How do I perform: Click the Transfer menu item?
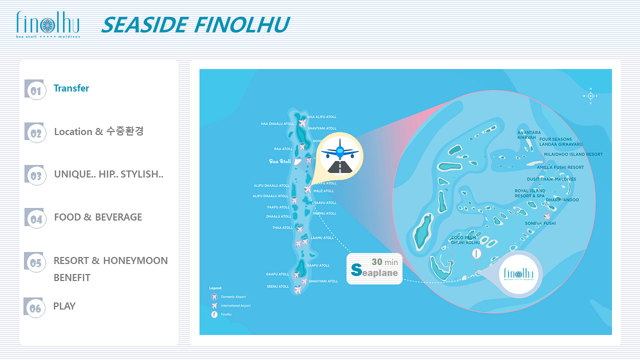(71, 88)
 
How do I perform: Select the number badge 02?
(35, 133)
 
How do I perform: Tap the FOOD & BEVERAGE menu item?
(98, 217)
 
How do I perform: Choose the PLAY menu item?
(64, 306)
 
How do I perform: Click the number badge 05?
(35, 262)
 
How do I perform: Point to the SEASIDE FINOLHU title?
(195, 24)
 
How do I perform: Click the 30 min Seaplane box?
(374, 268)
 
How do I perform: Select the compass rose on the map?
(590, 95)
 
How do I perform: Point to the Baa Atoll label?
(279, 161)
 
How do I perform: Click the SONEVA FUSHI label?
(540, 223)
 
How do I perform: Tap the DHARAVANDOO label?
(562, 200)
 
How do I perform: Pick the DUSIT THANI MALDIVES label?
(551, 179)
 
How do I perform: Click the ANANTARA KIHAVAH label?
(528, 135)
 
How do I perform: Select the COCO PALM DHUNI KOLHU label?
(465, 240)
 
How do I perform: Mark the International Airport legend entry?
(235, 305)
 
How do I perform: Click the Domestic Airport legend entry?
(233, 297)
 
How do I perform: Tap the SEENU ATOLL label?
(277, 286)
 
